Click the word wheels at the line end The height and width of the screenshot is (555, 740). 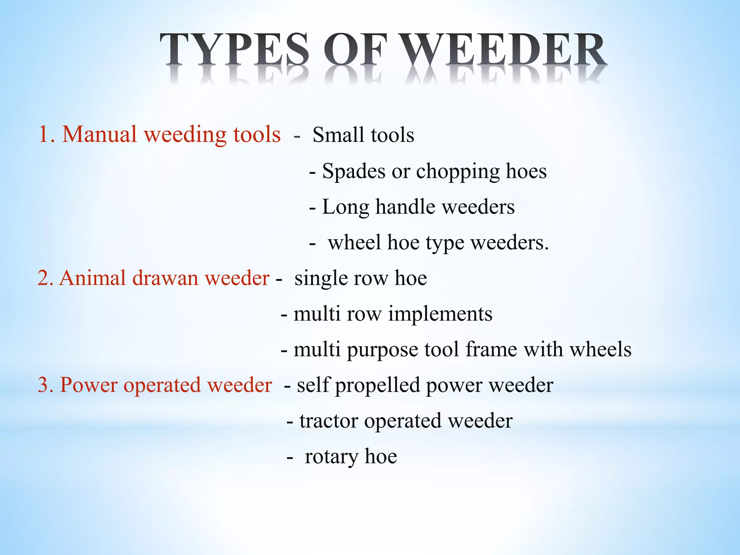600,349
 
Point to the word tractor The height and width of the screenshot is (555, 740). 329,421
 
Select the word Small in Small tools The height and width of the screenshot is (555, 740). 338,135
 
